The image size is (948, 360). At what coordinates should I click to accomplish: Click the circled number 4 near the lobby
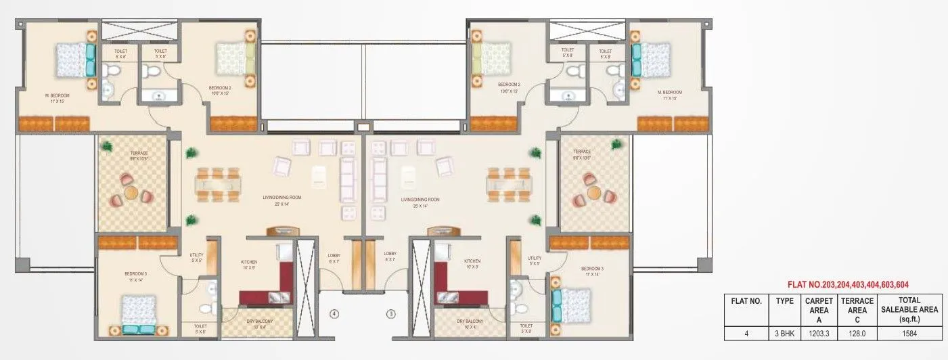334,314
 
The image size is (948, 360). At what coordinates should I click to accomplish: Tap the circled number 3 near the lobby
390,314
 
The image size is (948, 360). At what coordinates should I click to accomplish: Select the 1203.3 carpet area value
814,333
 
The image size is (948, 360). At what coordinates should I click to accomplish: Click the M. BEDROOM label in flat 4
58,95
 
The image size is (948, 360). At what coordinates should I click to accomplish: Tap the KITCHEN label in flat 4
249,261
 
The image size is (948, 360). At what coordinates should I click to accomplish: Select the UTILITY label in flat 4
197,255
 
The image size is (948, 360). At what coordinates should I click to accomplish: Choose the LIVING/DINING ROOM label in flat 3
420,200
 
